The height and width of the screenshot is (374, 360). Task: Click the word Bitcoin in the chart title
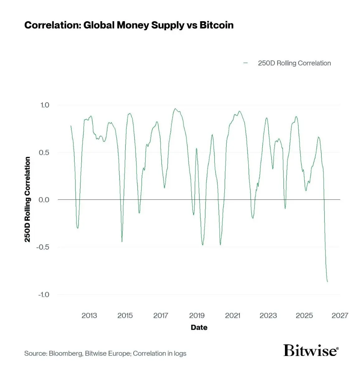216,25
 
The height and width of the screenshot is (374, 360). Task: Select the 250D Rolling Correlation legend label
294,63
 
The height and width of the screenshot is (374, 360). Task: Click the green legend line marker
246,63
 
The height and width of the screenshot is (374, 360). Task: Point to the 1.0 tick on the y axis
45,105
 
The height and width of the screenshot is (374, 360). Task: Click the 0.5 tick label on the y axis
45,152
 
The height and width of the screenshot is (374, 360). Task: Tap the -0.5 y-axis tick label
43,247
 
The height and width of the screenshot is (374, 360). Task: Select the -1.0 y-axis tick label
43,295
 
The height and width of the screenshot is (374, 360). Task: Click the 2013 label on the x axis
89,315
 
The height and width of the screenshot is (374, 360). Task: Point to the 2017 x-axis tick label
161,315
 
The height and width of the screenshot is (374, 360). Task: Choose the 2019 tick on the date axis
197,315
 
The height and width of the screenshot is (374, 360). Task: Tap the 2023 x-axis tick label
268,315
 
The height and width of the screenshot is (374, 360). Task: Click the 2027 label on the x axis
340,315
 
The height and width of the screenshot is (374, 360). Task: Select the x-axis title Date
199,327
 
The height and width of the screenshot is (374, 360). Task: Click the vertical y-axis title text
28,199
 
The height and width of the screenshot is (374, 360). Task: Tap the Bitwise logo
311,351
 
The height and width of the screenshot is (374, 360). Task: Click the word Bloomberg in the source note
65,353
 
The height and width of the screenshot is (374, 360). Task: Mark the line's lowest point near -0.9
327,282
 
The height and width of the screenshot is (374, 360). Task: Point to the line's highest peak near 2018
175,109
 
